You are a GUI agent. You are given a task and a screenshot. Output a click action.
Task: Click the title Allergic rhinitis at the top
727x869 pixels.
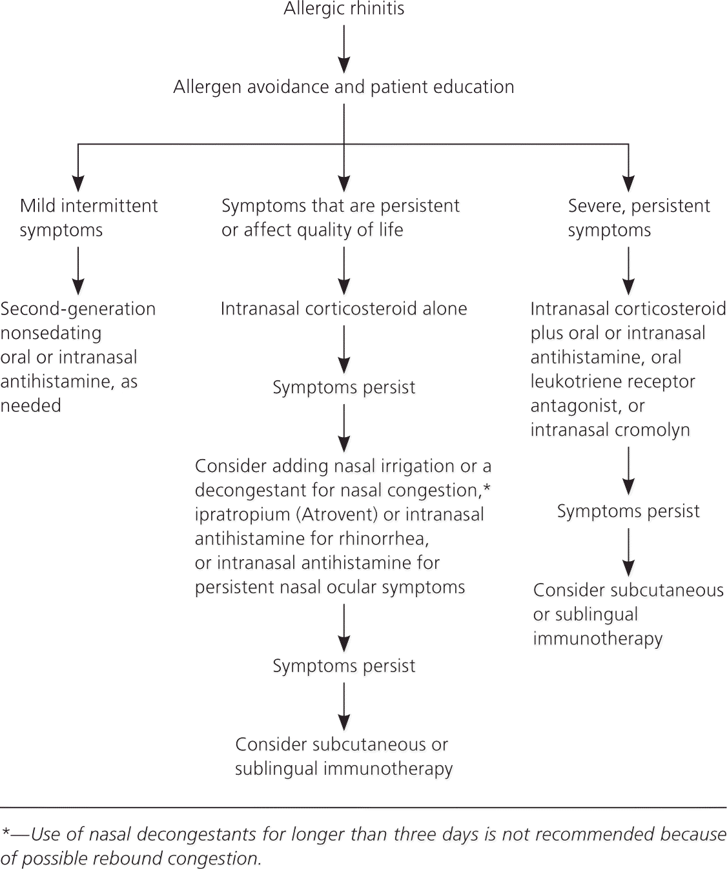pos(344,9)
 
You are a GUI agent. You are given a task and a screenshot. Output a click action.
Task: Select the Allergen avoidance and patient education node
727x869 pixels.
pos(343,87)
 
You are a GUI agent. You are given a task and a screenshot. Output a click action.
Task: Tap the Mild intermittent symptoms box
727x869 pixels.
pos(88,218)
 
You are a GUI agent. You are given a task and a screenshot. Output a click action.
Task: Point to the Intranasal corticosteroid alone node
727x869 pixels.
pos(343,309)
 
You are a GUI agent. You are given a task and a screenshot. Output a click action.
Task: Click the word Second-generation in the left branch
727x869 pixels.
pos(77,309)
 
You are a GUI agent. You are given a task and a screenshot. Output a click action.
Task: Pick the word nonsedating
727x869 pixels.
pos(51,333)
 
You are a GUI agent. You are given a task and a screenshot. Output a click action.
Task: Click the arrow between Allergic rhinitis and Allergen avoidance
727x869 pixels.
pos(344,48)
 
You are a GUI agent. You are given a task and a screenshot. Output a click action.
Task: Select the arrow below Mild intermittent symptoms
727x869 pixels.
pos(78,271)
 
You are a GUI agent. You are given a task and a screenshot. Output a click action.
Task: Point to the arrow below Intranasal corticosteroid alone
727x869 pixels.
pos(344,350)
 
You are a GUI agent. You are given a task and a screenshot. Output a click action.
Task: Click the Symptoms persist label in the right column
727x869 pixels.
pos(628,511)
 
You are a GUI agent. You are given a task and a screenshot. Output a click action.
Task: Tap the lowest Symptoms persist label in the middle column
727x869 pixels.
pos(343,666)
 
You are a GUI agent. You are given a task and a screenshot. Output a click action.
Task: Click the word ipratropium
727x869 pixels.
pos(233,515)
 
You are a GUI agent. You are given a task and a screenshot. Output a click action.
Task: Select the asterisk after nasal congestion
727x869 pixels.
pos(487,488)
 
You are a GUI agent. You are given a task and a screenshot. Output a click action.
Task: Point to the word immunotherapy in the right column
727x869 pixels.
pos(598,639)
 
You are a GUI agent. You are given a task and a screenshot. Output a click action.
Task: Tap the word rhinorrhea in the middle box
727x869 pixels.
pos(389,538)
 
